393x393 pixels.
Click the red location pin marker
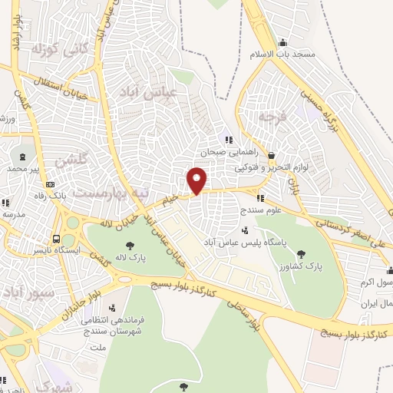click(197, 179)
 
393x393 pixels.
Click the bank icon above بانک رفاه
click(51, 183)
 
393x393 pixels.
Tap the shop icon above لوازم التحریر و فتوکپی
click(265, 154)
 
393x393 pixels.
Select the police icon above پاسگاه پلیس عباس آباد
click(244, 230)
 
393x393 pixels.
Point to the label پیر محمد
click(28, 167)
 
